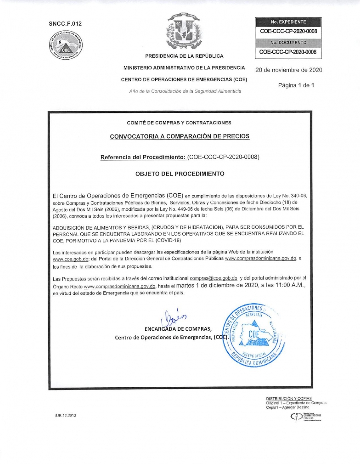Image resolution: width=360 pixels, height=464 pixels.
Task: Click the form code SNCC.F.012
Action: tap(65, 24)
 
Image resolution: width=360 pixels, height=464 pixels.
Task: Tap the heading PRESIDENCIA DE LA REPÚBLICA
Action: tap(184, 56)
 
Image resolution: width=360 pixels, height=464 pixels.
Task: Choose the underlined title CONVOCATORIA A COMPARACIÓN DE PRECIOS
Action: tap(180, 136)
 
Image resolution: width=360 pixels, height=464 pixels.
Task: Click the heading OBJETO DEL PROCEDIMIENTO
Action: tap(180, 174)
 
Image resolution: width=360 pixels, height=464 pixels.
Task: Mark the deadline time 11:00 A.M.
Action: tap(284, 285)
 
